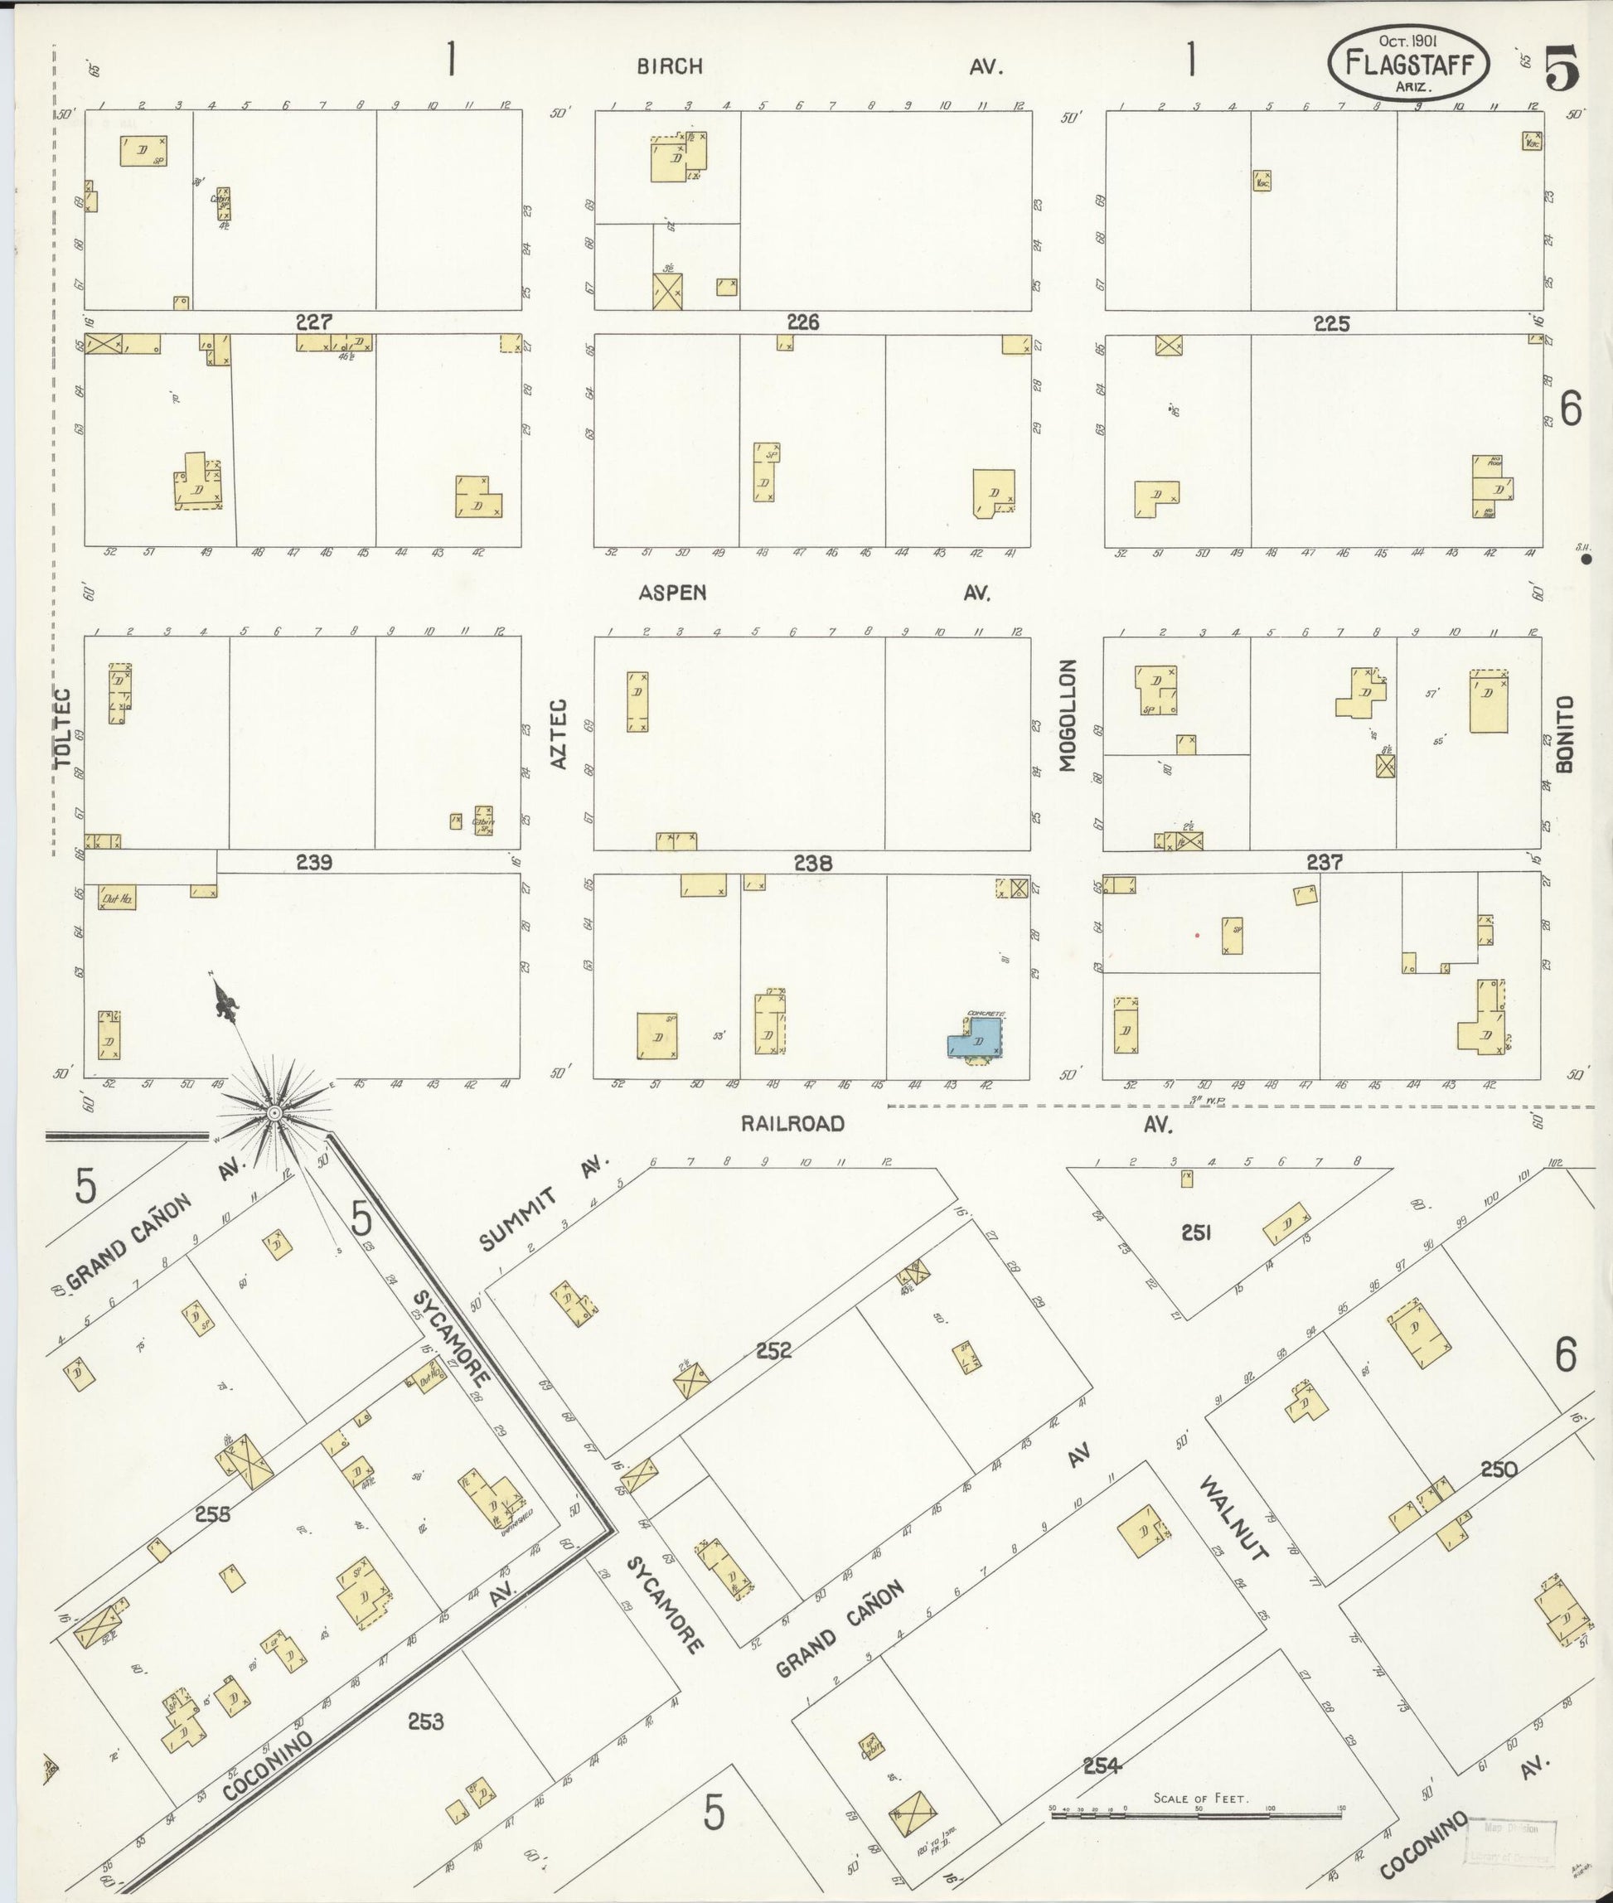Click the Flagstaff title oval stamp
(1408, 62)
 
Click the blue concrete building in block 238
(976, 1042)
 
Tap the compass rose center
(274, 1113)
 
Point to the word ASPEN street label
(672, 593)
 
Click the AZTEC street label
(559, 734)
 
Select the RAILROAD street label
(792, 1124)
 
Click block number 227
(312, 322)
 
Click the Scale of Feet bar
(1198, 1809)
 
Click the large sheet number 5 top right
(1561, 69)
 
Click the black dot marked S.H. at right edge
(1586, 558)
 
